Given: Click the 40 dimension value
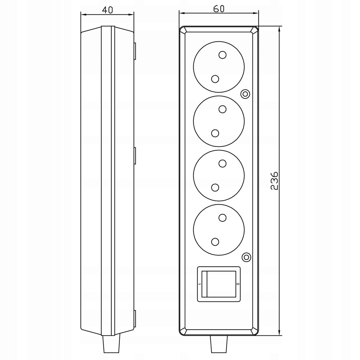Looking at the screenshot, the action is tap(108, 10).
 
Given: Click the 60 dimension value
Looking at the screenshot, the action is tap(219, 9).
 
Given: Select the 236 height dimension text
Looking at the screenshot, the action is tap(274, 181).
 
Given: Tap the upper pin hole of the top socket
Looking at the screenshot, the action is tap(223, 55).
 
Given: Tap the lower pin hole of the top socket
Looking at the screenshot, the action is tap(215, 79).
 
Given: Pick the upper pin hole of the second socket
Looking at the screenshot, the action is tap(223, 109).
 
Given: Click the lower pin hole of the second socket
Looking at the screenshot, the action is tap(215, 133).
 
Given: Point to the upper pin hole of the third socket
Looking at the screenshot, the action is tap(223, 163).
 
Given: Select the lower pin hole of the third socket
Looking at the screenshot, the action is tap(215, 187).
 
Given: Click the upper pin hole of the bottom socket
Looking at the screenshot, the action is tap(223, 217).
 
